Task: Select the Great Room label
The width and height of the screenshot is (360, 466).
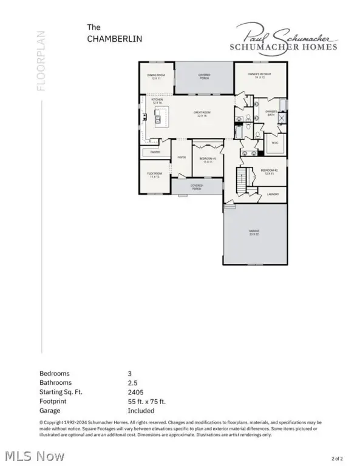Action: click(x=202, y=113)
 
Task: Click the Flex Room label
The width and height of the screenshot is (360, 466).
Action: click(x=154, y=175)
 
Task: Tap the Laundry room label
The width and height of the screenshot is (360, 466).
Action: click(x=272, y=194)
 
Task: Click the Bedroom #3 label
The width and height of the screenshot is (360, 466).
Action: click(x=206, y=160)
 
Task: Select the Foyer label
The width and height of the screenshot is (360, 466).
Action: click(x=181, y=157)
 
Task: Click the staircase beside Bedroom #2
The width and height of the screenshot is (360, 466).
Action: click(x=243, y=180)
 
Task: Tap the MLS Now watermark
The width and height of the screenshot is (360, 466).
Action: click(x=27, y=454)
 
